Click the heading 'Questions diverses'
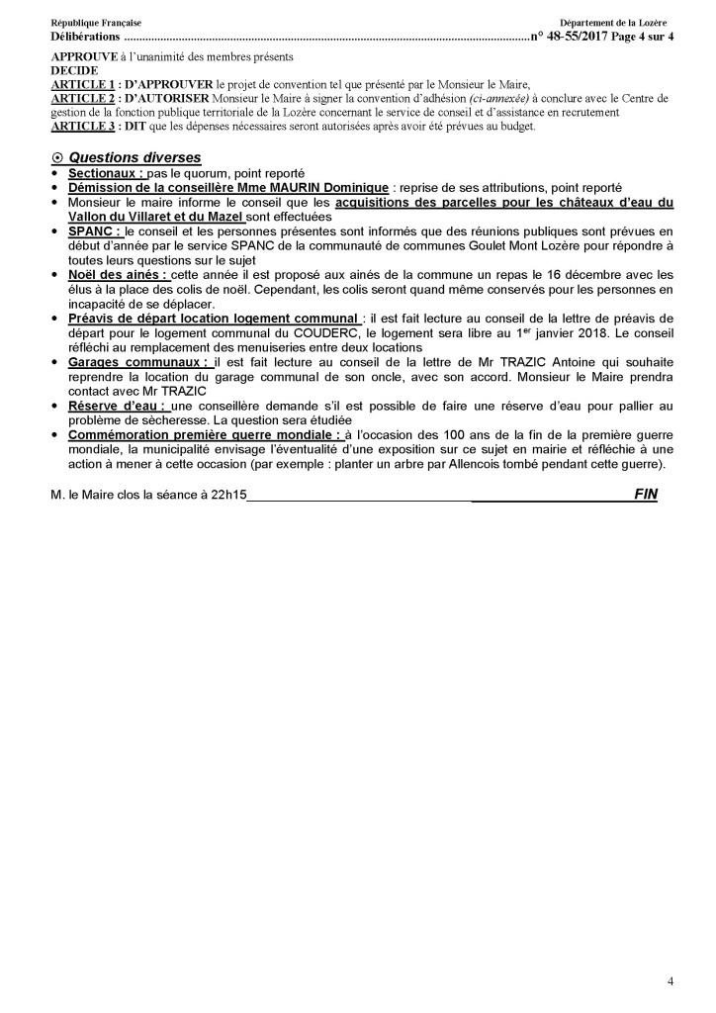(x=135, y=158)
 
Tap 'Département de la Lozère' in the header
(x=613, y=22)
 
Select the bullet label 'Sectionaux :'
(x=106, y=173)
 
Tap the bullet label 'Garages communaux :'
(x=137, y=363)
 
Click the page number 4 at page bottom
(x=671, y=981)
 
